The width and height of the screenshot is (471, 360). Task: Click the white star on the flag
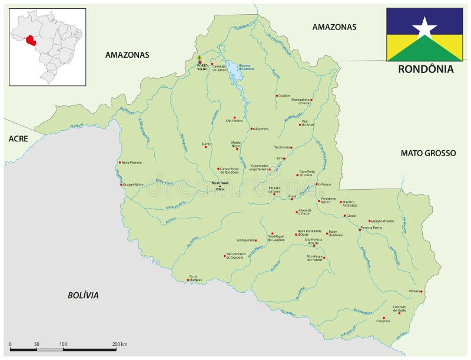[424, 27]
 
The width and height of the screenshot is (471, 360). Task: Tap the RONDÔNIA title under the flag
[425, 69]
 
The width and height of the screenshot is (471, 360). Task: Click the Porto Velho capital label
[200, 67]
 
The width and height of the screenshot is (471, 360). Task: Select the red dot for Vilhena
[421, 291]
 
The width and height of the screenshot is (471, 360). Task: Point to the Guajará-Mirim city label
[133, 184]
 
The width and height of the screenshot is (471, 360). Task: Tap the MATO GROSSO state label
[428, 153]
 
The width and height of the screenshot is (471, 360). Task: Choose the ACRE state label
[18, 138]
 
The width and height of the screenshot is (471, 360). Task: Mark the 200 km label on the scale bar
[120, 344]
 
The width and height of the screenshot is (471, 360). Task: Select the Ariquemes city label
[260, 128]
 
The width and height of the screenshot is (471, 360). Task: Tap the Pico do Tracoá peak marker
[220, 186]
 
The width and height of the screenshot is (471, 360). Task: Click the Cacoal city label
[351, 216]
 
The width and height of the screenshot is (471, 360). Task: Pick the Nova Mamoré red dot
[120, 163]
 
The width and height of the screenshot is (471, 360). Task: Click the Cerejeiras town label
[383, 321]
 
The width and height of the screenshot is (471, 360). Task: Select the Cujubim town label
[285, 95]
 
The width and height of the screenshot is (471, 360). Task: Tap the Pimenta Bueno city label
[371, 227]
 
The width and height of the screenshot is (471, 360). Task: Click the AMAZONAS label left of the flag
[334, 27]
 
